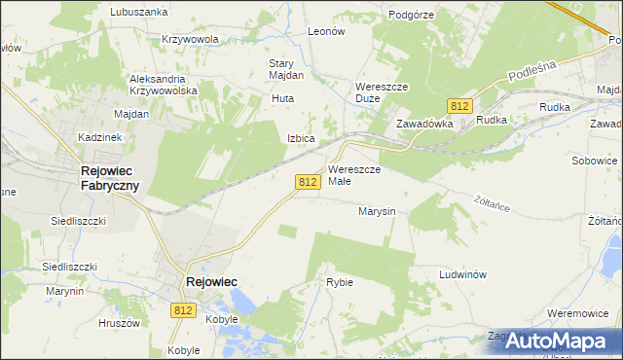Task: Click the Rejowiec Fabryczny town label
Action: tap(109, 178)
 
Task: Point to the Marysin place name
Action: tap(376, 210)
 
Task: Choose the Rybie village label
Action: tap(340, 282)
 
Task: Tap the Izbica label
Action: tap(301, 138)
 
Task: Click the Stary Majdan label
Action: tap(286, 69)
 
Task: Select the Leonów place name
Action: tap(326, 31)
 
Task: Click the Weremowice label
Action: tap(578, 313)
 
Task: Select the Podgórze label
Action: tap(411, 15)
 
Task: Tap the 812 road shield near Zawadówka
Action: tap(461, 105)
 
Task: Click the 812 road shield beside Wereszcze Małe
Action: tap(308, 182)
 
